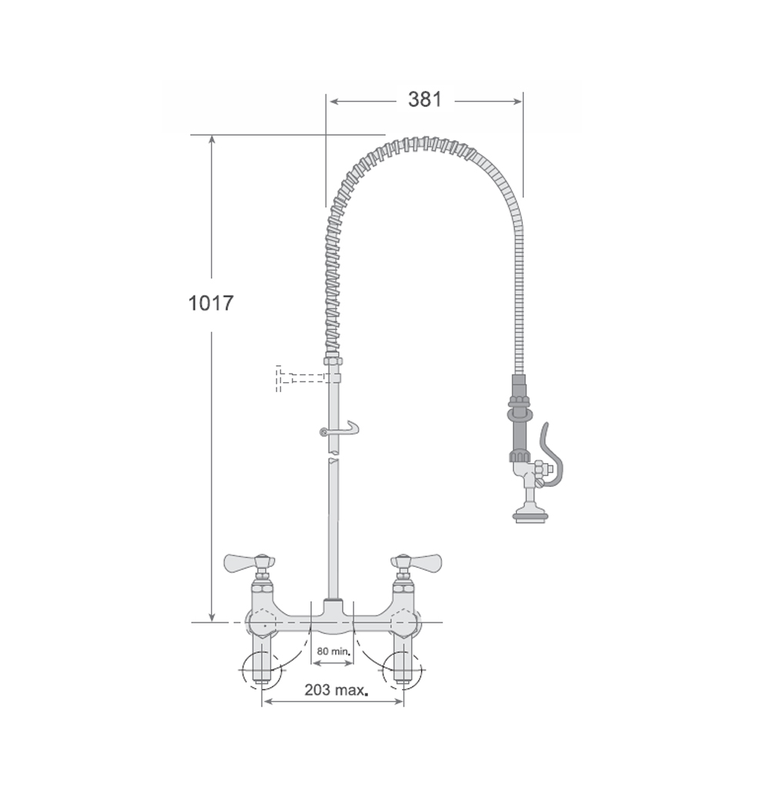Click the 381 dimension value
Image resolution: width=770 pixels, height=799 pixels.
(425, 99)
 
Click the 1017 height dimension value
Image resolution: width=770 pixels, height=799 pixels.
(211, 304)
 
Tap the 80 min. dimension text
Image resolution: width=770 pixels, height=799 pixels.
(333, 651)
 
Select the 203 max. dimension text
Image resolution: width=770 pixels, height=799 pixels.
(336, 690)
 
